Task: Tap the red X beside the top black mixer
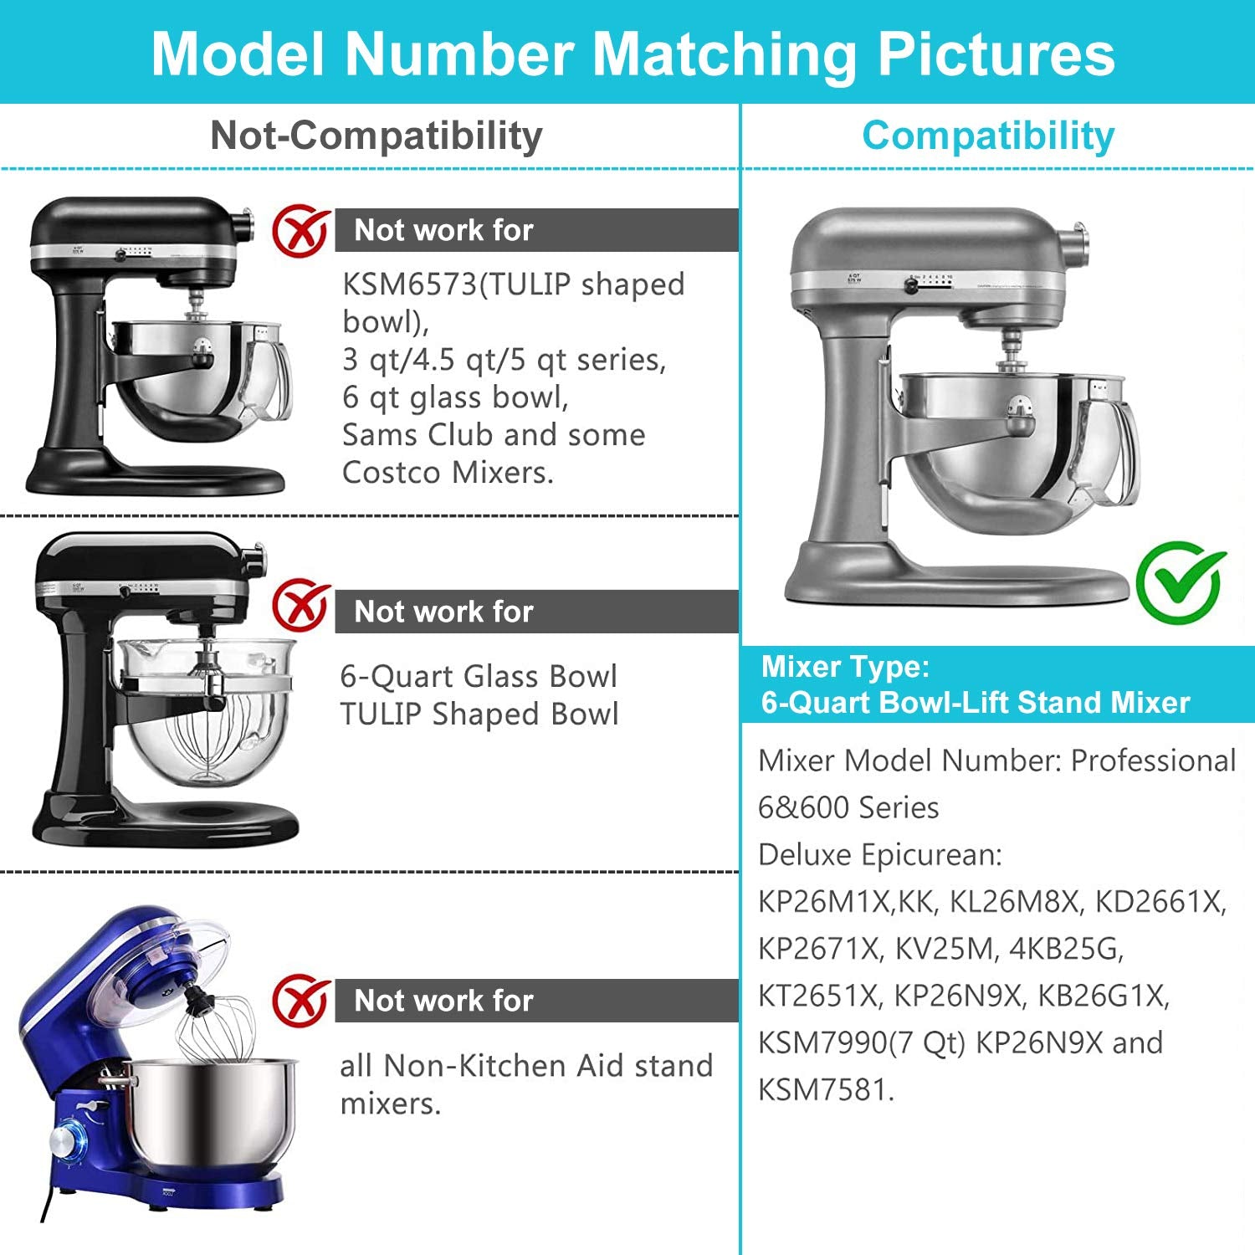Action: point(300,231)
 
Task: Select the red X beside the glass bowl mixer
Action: point(300,605)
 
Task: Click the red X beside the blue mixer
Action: point(300,1001)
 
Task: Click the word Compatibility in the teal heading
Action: point(988,136)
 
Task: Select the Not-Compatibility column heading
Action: point(376,136)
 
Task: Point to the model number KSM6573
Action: point(409,284)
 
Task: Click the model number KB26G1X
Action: point(1101,996)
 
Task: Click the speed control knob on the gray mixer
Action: point(911,285)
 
